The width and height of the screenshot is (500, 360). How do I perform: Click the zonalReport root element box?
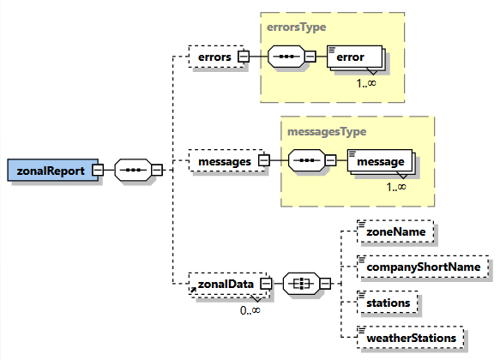(49, 170)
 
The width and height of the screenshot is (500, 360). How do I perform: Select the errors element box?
(210, 57)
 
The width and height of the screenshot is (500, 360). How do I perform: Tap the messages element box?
(221, 160)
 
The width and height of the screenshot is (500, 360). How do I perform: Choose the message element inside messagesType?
(380, 160)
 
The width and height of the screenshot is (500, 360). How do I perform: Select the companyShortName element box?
(416, 267)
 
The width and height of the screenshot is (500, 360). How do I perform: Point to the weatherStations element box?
(411, 338)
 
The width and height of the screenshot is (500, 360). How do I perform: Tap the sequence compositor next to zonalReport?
(132, 170)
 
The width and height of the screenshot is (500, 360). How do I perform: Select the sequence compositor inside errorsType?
(286, 57)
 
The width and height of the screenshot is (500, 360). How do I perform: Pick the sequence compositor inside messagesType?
(307, 160)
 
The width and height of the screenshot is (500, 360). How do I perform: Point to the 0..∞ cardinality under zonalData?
(250, 310)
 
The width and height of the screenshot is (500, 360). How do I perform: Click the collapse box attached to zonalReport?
(98, 170)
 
